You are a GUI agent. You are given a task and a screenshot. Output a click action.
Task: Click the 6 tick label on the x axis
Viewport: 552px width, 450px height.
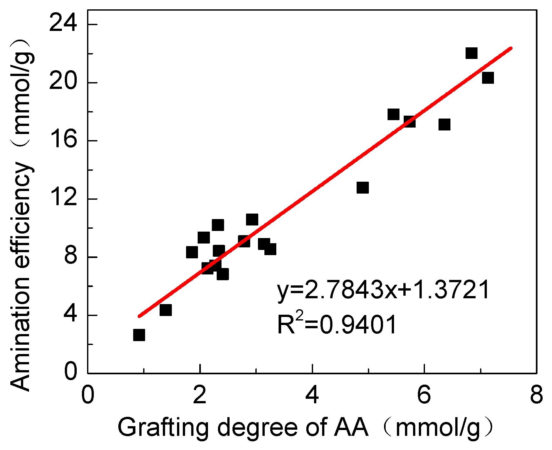pos(424,395)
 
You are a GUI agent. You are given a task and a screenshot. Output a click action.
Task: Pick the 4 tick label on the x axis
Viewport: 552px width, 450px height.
pos(312,395)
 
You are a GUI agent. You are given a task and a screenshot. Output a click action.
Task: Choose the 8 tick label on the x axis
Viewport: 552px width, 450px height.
pos(536,395)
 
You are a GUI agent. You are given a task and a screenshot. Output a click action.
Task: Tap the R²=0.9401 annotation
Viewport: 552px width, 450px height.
pos(337,324)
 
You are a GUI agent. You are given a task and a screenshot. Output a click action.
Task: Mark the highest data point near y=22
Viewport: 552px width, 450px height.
pos(471,53)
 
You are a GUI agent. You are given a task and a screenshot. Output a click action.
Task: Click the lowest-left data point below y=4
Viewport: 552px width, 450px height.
pos(139,335)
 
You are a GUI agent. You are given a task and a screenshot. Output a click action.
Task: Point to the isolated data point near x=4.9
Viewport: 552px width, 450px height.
pos(363,187)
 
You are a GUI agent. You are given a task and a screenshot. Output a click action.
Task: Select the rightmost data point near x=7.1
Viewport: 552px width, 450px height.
pos(488,78)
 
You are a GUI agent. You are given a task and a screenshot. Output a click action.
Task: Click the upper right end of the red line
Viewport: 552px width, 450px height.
pos(511,48)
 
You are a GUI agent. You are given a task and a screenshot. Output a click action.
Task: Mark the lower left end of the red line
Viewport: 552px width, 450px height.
pos(139,316)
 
